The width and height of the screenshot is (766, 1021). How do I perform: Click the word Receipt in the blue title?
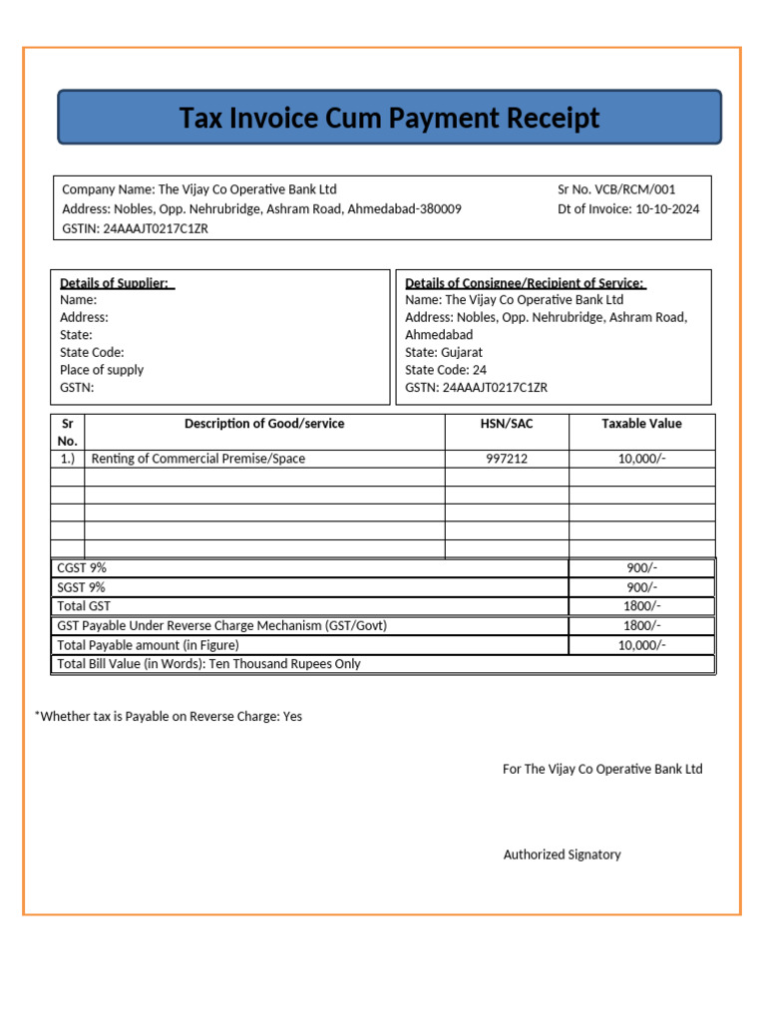coord(553,119)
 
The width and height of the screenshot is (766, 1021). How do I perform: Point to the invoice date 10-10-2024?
coord(667,209)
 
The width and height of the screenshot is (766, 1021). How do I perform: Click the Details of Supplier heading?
coord(117,283)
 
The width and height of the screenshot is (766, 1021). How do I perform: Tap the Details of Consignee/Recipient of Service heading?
coord(526,283)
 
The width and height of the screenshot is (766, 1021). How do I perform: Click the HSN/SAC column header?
coord(507,424)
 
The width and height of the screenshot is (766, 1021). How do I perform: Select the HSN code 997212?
coord(507,459)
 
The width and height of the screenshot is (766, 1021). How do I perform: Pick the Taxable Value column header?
coord(641,424)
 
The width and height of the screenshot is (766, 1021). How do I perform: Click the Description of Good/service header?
coord(264,424)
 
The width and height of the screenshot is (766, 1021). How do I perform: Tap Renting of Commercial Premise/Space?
coord(198,459)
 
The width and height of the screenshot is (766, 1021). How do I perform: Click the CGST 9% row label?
coord(82,567)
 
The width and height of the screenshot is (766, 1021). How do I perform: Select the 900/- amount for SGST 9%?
coord(641,587)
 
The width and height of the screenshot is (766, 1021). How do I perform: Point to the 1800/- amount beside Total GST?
coord(641,606)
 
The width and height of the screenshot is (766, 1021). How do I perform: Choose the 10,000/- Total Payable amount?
coord(641,645)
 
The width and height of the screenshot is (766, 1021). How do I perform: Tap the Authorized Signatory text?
coord(562,854)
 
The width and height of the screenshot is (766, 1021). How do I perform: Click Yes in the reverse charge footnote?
coord(292,717)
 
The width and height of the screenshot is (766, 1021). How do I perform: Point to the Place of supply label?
coord(102,370)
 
